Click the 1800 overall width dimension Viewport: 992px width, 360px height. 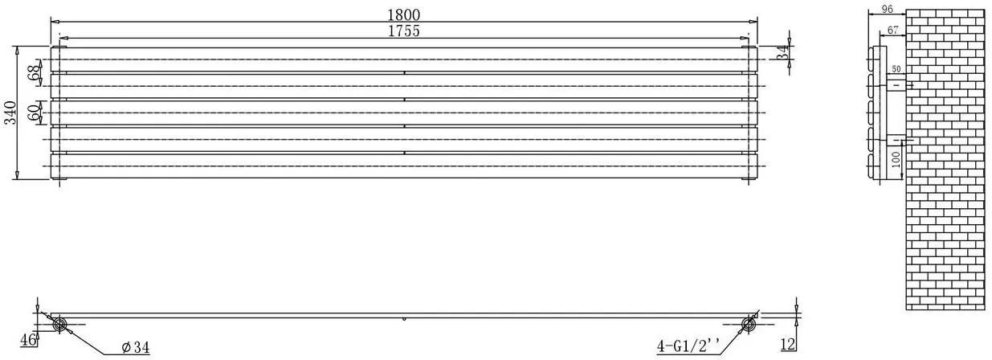(403, 14)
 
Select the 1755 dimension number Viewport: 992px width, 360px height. (403, 31)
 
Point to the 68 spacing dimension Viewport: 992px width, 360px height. (33, 72)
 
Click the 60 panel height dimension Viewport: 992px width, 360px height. (33, 113)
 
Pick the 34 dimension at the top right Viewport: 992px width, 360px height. (783, 53)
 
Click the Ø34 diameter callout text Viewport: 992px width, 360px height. (136, 348)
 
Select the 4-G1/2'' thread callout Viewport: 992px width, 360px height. (688, 346)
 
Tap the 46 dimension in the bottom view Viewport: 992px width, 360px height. (28, 340)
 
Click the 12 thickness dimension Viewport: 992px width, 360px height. (789, 344)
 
